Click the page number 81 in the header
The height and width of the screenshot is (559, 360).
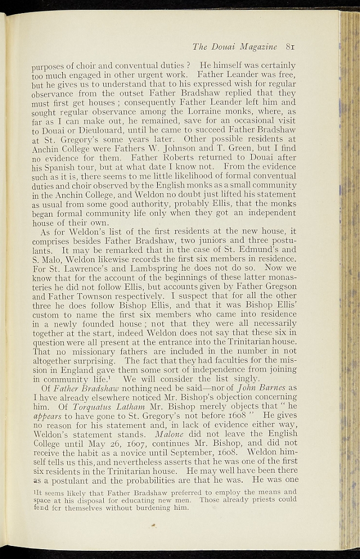[290, 46]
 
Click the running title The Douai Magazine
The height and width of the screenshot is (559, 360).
[235, 46]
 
